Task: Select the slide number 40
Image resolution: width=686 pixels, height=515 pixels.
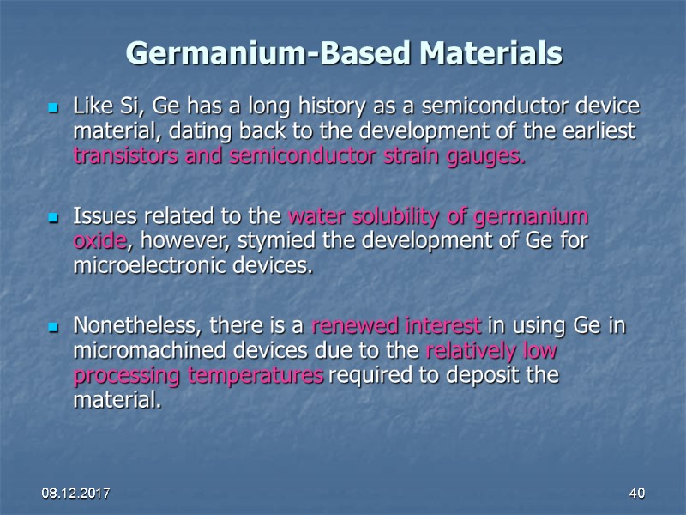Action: click(x=636, y=494)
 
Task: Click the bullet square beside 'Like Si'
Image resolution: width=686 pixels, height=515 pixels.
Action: click(x=52, y=109)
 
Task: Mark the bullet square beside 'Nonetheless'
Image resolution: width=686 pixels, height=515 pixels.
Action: click(x=52, y=327)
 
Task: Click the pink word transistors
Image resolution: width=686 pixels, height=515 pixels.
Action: click(x=124, y=158)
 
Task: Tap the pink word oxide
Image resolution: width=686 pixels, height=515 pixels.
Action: click(x=97, y=241)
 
